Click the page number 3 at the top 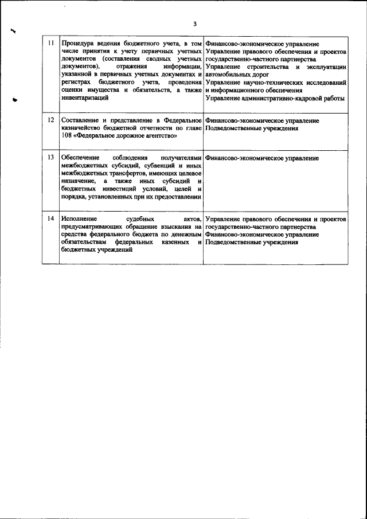tap(194, 24)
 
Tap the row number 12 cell tap(50, 121)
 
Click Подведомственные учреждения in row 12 tap(251, 129)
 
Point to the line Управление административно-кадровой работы tap(274, 98)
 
